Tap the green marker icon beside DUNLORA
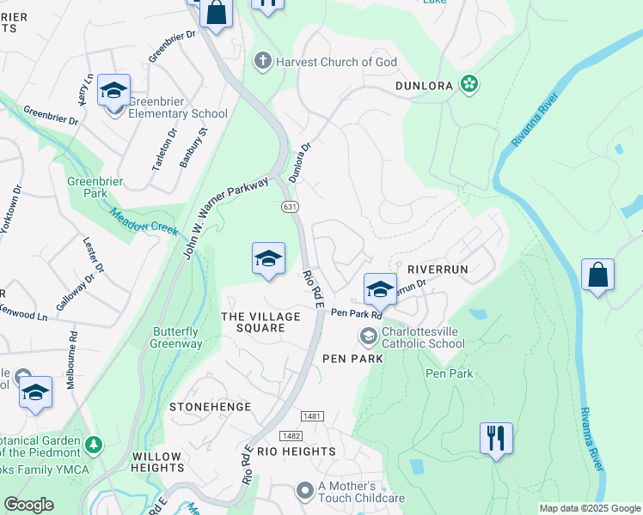point(469,83)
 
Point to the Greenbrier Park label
point(95,188)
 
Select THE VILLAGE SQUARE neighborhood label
point(261,323)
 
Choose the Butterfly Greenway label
point(177,338)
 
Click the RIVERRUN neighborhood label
point(438,270)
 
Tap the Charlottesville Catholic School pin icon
point(369,335)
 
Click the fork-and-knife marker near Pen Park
point(496,437)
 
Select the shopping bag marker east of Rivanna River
point(597,275)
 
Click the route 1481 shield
point(314,417)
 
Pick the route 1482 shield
point(290,436)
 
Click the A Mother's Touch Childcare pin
point(304,491)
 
